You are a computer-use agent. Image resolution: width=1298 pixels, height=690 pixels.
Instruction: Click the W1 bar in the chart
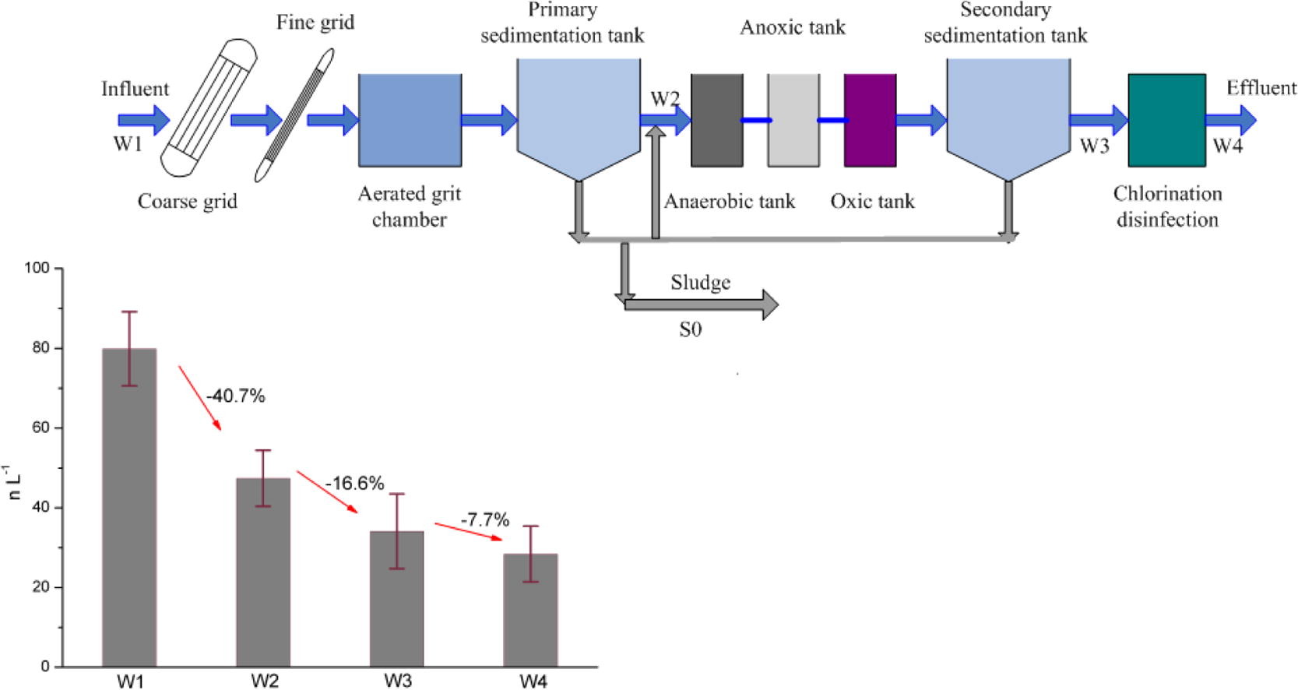(x=129, y=507)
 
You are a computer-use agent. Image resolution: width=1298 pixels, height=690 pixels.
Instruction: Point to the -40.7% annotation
(x=236, y=396)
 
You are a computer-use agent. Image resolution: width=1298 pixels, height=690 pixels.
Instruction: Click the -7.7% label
(x=484, y=519)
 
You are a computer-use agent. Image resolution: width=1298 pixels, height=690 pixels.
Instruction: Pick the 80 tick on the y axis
(x=41, y=348)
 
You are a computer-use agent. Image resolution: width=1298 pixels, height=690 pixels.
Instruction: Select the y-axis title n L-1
(x=13, y=482)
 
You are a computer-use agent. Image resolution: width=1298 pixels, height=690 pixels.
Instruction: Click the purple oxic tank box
(x=870, y=120)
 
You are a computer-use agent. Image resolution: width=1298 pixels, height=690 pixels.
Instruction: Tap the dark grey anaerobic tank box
(x=716, y=120)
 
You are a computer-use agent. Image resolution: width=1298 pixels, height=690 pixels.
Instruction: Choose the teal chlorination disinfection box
(x=1166, y=120)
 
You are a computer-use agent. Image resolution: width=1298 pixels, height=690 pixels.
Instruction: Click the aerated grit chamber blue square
(x=410, y=120)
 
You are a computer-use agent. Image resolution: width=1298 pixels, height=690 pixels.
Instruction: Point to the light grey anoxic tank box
(x=793, y=120)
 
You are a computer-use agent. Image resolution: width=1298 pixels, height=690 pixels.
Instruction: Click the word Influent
(x=135, y=89)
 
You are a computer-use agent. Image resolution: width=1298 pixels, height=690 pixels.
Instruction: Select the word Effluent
(x=1261, y=87)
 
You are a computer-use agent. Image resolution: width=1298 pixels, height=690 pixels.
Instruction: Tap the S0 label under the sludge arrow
(x=690, y=329)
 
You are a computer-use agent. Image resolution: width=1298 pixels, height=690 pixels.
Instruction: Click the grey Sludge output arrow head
(x=769, y=305)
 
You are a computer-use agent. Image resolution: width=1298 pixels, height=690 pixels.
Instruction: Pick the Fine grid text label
(x=315, y=23)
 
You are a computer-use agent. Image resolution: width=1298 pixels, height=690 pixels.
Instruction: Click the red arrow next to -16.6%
(x=327, y=491)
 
